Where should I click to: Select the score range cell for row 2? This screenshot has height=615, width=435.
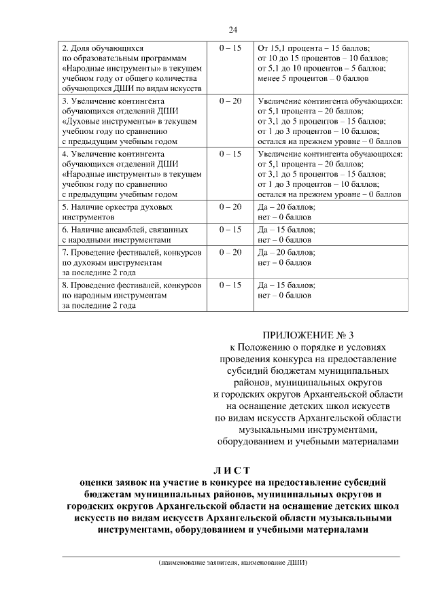[x=230, y=49]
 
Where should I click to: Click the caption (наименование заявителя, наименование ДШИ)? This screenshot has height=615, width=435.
[x=231, y=563]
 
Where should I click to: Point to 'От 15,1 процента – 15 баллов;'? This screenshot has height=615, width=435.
[x=314, y=49]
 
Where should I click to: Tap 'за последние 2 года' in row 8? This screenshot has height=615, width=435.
[x=99, y=305]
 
